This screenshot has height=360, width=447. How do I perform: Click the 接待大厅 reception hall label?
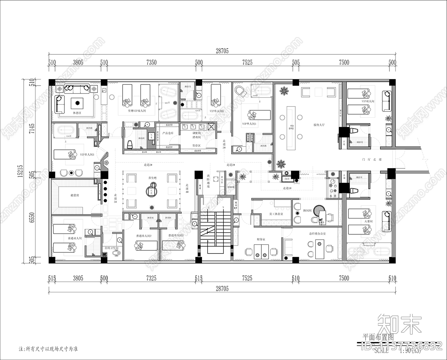point(319,125)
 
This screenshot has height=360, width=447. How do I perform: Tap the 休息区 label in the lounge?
point(77,113)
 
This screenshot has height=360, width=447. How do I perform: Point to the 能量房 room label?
point(74,195)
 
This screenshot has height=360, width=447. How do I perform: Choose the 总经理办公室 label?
point(317,234)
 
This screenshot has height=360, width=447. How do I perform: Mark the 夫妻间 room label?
point(368,221)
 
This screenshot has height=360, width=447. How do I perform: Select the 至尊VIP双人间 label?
point(137,111)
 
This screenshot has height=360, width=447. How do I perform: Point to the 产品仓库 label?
point(168,133)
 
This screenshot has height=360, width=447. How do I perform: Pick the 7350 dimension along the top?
point(151,63)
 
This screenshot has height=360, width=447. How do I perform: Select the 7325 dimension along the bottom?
point(151,278)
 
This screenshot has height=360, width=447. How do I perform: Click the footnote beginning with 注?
point(48,349)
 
